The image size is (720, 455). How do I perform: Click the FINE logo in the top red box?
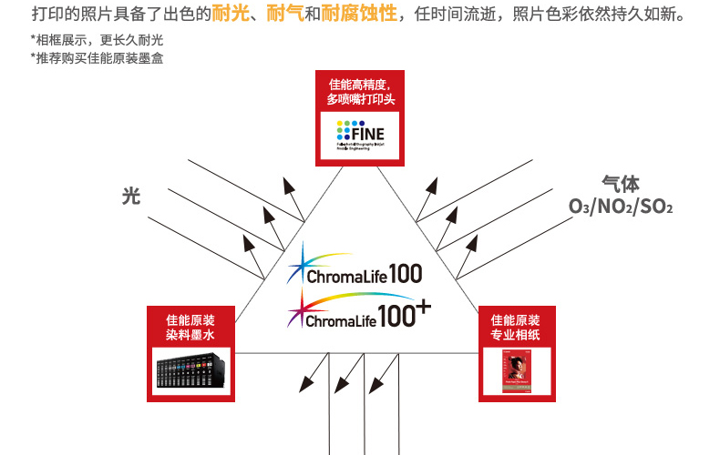point(359,136)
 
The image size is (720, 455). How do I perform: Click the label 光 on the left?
point(131,196)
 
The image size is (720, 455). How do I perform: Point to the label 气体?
point(620,184)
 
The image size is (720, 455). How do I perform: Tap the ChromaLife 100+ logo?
point(359,313)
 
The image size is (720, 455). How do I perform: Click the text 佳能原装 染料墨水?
point(190,328)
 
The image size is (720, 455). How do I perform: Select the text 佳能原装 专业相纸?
point(516,328)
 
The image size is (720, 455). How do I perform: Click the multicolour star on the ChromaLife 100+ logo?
point(298,314)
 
